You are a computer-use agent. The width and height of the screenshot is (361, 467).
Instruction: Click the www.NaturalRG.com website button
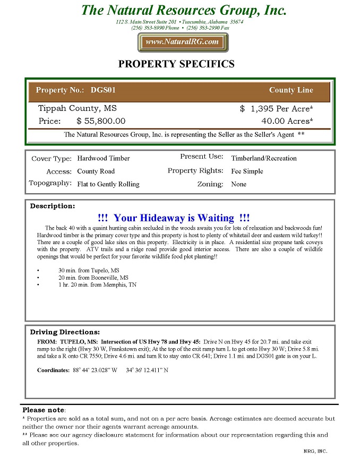coord(183,42)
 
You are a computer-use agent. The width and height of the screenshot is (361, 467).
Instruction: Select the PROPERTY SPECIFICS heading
coord(176,64)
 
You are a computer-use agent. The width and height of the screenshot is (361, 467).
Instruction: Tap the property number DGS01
coord(103,90)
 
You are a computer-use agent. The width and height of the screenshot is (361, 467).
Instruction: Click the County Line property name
coord(291,90)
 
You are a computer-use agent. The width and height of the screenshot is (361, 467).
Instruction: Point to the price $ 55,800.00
coord(101,121)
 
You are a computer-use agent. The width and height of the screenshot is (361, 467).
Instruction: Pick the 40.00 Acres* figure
coord(287,121)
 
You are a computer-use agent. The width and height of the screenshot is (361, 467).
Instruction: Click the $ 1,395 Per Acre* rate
coord(276,109)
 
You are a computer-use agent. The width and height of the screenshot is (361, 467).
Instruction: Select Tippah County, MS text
coord(77,109)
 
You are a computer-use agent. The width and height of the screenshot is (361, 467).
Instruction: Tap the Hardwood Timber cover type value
coord(104,158)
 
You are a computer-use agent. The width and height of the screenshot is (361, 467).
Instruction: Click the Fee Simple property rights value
coord(247,171)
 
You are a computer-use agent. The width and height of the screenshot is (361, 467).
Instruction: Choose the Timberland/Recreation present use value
coord(264,158)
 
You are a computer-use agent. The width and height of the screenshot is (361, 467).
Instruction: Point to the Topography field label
coord(50,184)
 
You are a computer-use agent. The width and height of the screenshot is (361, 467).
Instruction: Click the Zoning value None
coord(239,184)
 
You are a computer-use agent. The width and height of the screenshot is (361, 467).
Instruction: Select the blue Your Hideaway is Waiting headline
coord(174,218)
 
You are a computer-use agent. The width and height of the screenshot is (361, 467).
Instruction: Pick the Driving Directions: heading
coord(65,332)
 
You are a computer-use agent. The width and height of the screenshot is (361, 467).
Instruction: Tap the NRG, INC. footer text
coord(315,451)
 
